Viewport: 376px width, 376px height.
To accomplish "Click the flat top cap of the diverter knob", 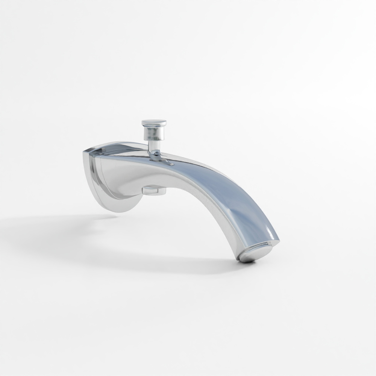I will point(154,123).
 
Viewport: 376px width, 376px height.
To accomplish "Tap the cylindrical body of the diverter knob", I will point(153,133).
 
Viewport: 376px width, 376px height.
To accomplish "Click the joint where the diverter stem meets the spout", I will point(155,155).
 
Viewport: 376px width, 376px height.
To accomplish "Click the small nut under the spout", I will point(154,191).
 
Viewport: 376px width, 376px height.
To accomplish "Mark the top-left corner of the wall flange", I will point(85,153).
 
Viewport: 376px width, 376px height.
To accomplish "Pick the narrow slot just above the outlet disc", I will point(259,246).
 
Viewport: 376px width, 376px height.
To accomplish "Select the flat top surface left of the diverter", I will point(120,149).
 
